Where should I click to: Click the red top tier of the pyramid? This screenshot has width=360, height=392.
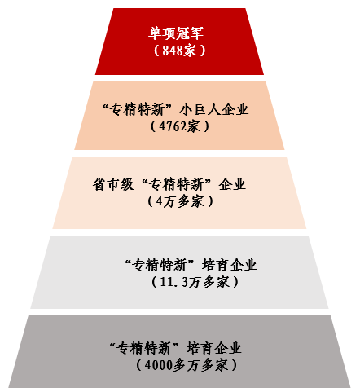tap(179, 42)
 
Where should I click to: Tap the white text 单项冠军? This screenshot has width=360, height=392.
tap(176, 33)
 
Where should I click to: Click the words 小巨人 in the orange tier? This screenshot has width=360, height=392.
tap(200, 109)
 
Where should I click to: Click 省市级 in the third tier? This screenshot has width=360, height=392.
tap(113, 184)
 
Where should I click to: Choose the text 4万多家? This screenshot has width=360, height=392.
tap(180, 201)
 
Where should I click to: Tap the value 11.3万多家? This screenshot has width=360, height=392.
tap(195, 282)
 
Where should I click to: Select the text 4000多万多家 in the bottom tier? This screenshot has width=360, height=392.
tap(187, 365)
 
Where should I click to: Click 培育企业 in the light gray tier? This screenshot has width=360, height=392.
tap(230, 265)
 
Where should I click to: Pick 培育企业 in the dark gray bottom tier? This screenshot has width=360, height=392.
tap(213, 348)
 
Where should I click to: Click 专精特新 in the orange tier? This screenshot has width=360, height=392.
tap(138, 109)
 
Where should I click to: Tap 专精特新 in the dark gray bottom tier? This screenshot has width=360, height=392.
tap(144, 348)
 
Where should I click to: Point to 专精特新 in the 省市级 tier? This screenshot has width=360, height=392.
tap(176, 184)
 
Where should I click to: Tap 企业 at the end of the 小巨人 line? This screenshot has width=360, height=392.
tap(235, 109)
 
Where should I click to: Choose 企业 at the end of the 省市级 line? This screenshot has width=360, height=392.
tap(232, 184)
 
